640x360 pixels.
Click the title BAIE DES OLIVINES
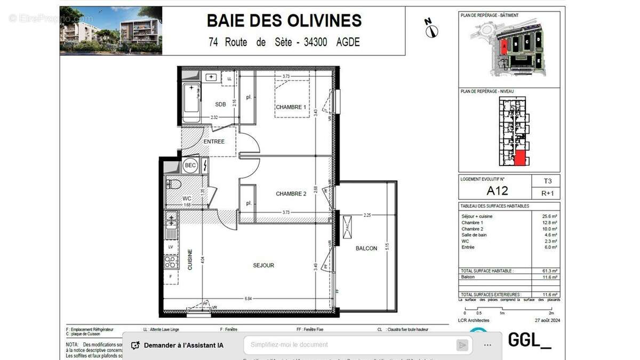pos(284,21)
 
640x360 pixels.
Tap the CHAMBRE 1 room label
pos(291,107)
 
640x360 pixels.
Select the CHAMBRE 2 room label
pos(291,194)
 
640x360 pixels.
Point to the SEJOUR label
pos(263,265)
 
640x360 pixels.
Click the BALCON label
pos(366,248)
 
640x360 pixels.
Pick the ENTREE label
pos(214,141)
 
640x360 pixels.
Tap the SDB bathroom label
pos(220,105)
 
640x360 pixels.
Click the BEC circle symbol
pos(190,166)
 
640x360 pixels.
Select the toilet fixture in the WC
pos(174,185)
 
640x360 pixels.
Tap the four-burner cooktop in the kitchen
pos(171,262)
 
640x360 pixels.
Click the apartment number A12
pos(497,190)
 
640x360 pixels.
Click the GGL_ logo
pos(529,340)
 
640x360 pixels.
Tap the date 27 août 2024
pos(545,321)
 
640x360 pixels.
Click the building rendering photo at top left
pos(111,30)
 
